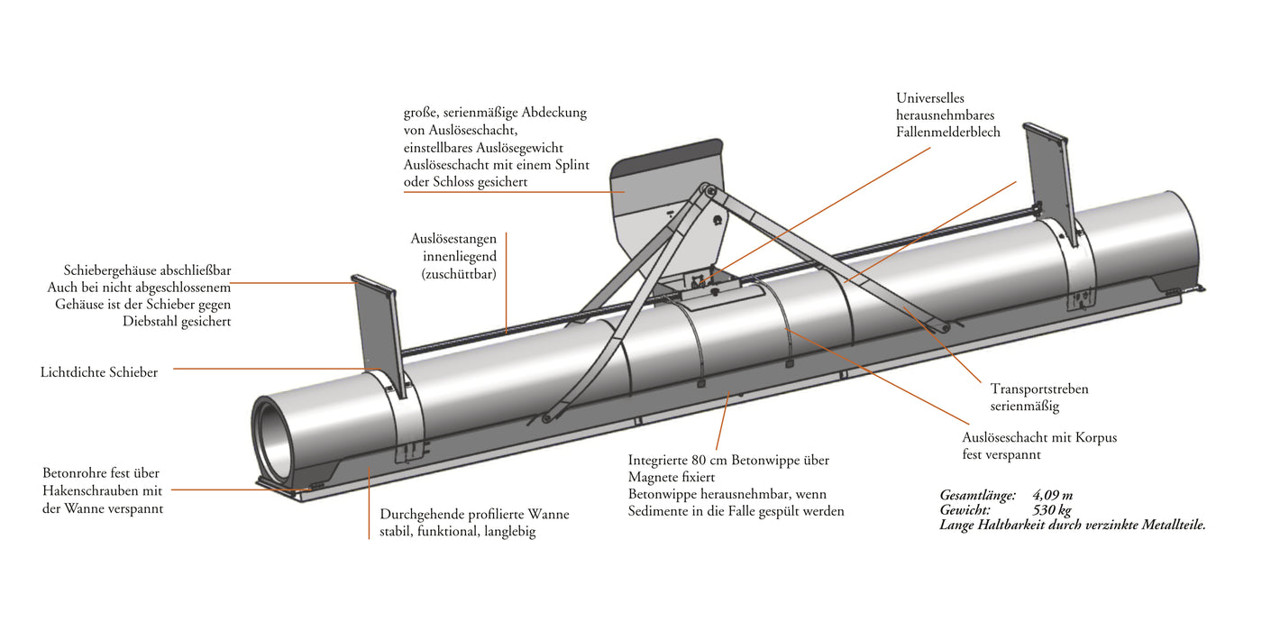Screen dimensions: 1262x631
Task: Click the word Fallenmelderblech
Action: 948,132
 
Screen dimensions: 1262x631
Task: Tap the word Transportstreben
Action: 1039,389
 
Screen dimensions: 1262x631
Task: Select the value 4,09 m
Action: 1053,495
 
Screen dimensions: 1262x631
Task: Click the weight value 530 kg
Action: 1052,510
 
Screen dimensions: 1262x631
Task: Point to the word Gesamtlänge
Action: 977,495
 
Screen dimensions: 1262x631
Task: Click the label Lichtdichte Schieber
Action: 99,372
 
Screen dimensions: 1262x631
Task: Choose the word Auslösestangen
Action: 453,239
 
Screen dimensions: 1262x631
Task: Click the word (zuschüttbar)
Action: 459,274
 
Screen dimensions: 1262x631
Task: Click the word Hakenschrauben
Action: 90,490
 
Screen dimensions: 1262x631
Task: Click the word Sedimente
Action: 656,511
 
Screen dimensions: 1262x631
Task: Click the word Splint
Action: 572,165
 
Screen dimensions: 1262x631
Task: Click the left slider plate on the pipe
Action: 378,335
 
